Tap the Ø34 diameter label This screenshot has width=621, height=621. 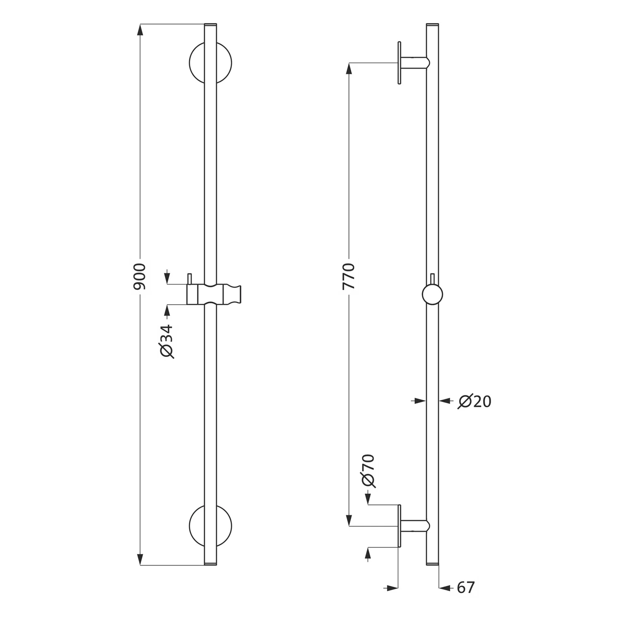point(166,342)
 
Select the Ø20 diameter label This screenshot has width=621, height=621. point(474,401)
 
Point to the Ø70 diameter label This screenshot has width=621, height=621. point(368,471)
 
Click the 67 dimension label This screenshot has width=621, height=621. point(466,587)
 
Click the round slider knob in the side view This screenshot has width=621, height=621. point(432,295)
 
